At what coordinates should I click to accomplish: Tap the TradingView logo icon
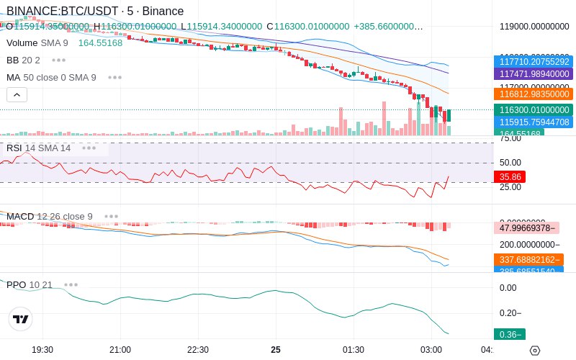tap(21, 319)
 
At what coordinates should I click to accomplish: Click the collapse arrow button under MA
tap(17, 94)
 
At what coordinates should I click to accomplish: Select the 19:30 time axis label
tap(42, 349)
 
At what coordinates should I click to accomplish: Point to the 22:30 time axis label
tap(198, 349)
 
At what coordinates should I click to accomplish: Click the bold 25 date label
tap(276, 349)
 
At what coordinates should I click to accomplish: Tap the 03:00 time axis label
tap(431, 349)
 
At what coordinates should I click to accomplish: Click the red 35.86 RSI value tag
tap(510, 176)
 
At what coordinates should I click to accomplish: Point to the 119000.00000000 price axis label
tap(534, 27)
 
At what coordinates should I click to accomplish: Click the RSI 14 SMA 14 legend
tap(39, 148)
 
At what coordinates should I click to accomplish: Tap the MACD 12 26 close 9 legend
tap(50, 216)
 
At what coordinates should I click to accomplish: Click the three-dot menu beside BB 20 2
tap(58, 60)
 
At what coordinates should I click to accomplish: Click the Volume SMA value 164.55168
tap(100, 42)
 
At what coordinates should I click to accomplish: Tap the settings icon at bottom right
tap(535, 350)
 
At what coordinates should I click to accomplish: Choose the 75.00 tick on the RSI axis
tap(510, 139)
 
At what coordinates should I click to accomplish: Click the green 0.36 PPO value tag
tap(508, 334)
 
